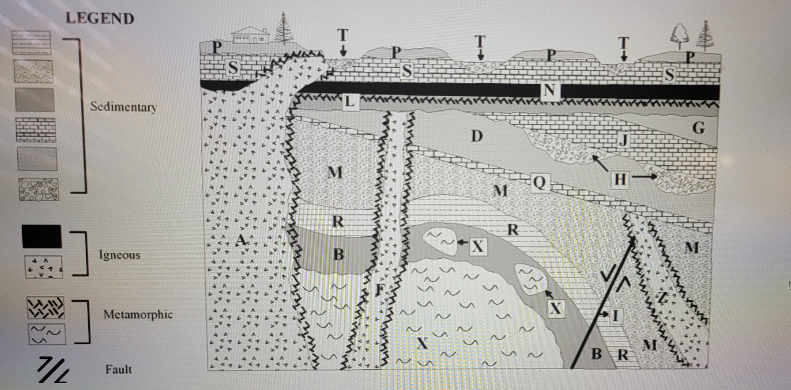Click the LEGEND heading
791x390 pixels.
pyautogui.click(x=100, y=19)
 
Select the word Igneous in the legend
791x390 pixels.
pyautogui.click(x=120, y=255)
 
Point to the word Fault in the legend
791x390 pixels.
pyautogui.click(x=119, y=369)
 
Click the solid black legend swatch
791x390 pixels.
pyautogui.click(x=41, y=236)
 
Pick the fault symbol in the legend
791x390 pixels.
pyautogui.click(x=53, y=371)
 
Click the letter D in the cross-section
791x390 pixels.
pyautogui.click(x=477, y=136)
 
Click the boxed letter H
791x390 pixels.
pyautogui.click(x=620, y=179)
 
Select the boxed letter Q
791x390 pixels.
pyautogui.click(x=539, y=183)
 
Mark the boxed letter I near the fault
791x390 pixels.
pyautogui.click(x=615, y=315)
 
